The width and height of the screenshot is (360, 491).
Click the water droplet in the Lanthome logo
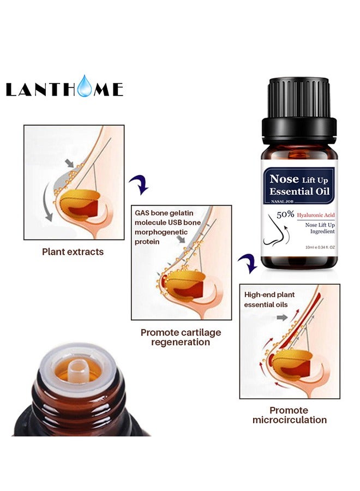85,87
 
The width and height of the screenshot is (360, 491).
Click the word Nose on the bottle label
285,179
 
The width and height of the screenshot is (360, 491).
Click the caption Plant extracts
73,252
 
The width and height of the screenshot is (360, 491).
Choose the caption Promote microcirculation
289,415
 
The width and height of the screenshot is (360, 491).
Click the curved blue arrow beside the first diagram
141,185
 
